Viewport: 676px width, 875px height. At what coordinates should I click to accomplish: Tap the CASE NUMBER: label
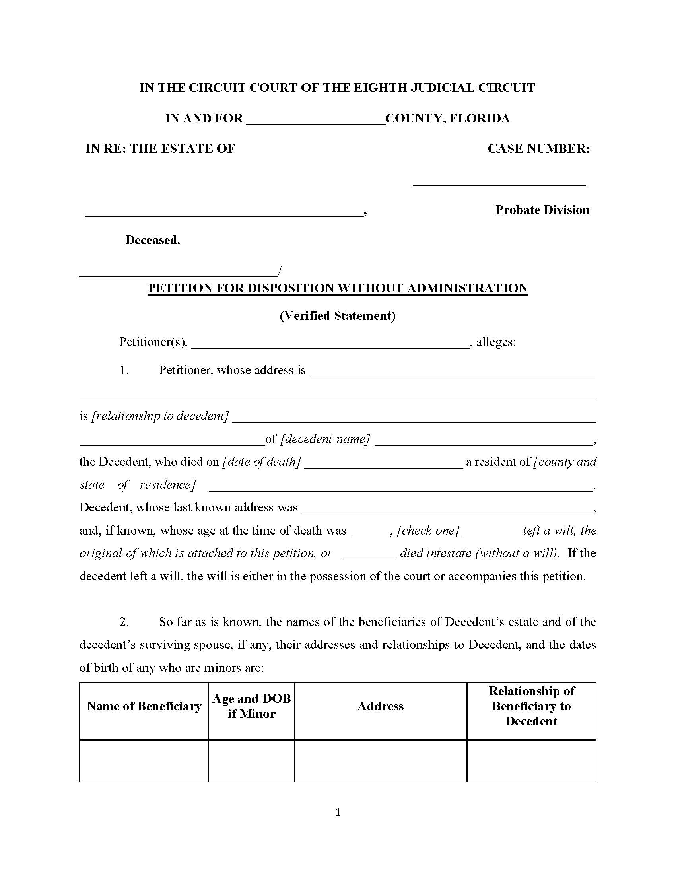tap(538, 149)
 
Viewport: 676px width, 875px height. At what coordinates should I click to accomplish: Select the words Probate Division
tap(542, 210)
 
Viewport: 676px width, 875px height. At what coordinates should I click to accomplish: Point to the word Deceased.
tap(153, 240)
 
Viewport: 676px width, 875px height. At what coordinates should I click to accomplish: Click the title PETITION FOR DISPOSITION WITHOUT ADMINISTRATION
tap(338, 288)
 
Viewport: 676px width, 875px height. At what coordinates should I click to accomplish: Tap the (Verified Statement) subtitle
tap(338, 316)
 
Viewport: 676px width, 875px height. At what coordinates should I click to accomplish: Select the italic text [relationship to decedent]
tap(160, 416)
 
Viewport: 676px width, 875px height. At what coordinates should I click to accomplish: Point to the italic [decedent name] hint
tap(325, 439)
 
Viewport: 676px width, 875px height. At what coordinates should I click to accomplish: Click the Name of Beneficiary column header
tap(144, 706)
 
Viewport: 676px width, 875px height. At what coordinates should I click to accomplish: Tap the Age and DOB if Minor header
tap(251, 706)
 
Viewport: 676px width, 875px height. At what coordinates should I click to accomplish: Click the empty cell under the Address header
tap(381, 760)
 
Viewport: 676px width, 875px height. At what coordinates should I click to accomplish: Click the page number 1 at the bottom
tap(338, 813)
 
